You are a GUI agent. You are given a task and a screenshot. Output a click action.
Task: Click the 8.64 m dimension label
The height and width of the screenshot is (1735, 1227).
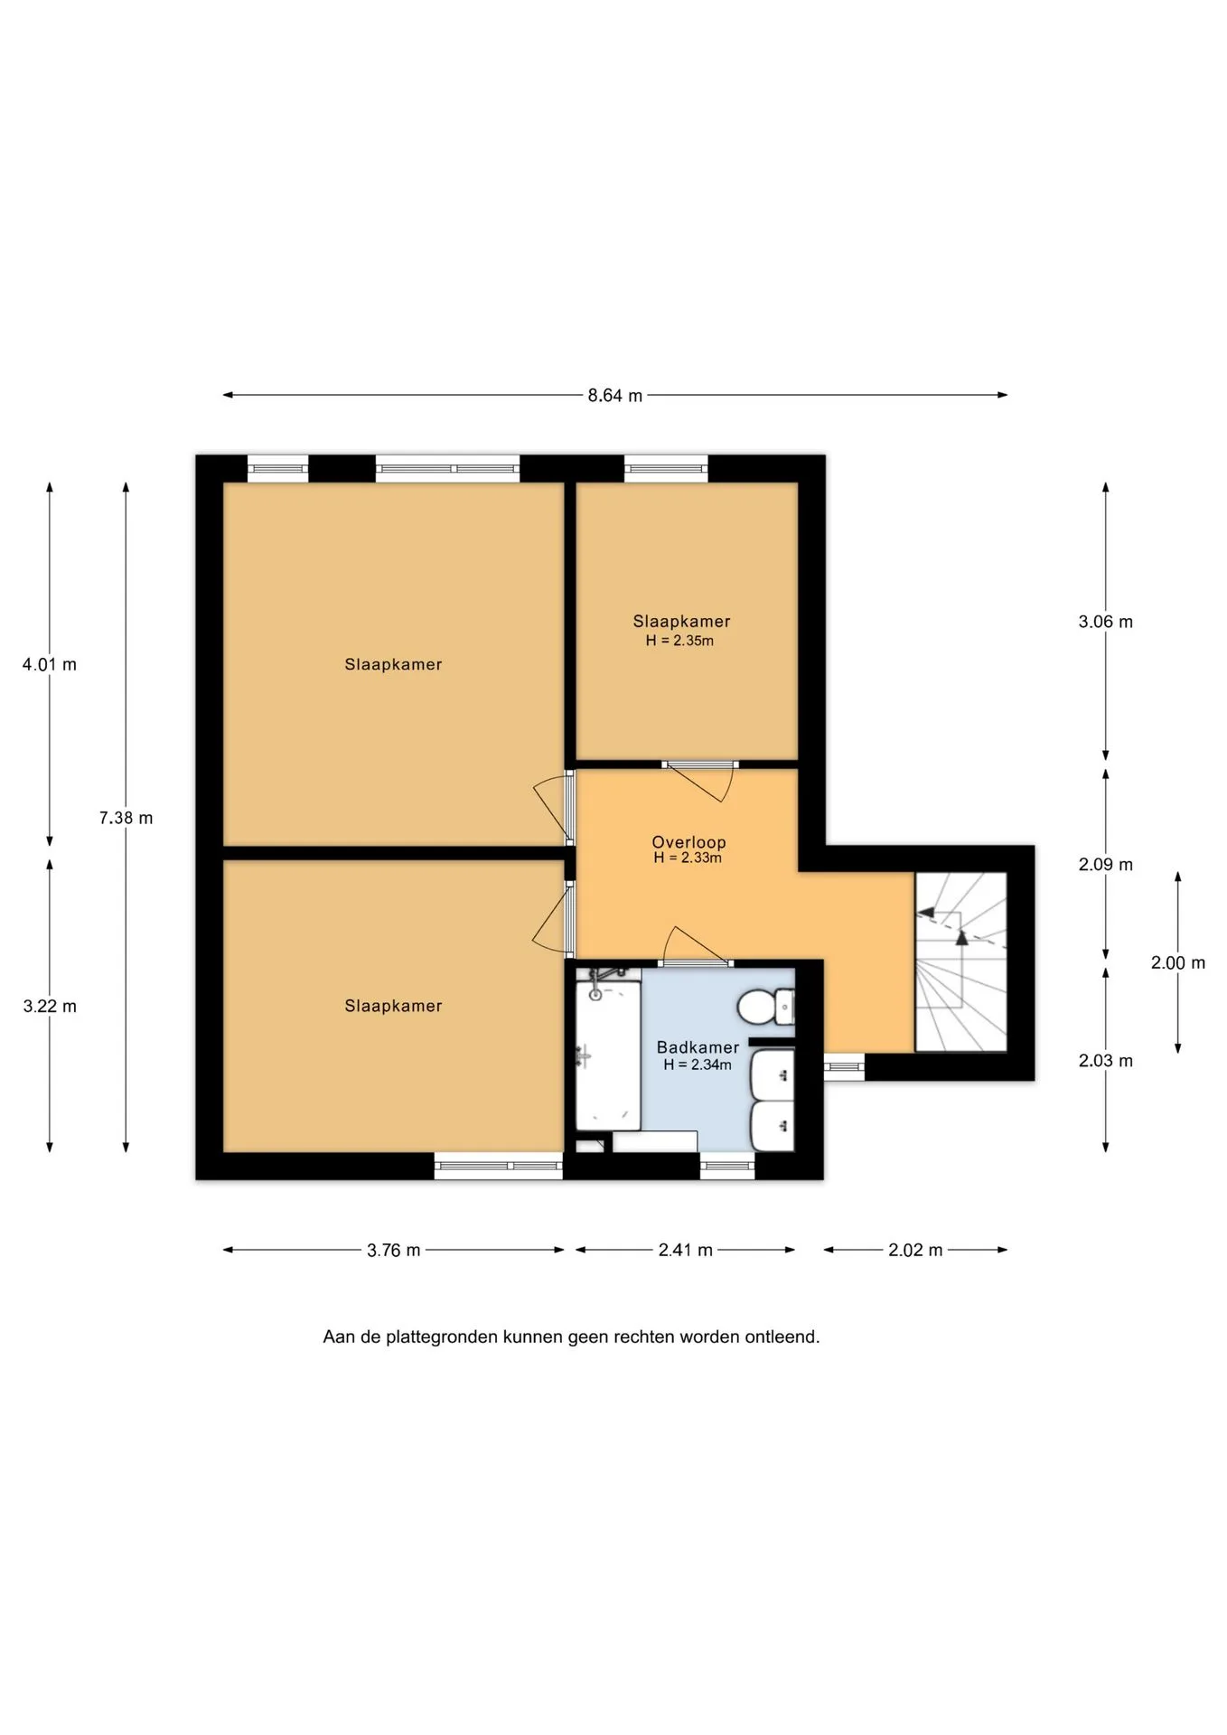coord(614,396)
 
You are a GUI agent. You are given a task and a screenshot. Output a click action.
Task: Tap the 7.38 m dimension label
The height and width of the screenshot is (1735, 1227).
coord(126,818)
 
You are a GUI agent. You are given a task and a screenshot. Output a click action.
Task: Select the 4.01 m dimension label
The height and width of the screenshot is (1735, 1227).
coord(50,664)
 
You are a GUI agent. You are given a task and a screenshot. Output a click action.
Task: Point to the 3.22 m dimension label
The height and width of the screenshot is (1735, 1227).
coord(50,1006)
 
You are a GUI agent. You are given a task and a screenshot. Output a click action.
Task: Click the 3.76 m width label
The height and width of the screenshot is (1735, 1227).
coord(393,1251)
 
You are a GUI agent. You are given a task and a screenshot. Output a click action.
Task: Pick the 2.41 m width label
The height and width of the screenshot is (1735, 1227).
coord(685,1251)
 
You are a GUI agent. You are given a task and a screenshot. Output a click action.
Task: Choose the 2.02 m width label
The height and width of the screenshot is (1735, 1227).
coord(915,1251)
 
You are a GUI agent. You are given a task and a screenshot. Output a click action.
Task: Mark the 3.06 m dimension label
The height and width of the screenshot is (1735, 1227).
coord(1105,622)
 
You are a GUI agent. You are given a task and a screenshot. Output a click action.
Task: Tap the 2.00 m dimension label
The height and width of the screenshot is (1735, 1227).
coord(1177,963)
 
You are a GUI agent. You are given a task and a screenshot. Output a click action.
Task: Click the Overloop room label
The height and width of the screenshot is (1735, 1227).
coord(688,842)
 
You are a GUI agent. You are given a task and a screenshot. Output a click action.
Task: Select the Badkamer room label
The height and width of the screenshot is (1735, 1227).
coord(698,1047)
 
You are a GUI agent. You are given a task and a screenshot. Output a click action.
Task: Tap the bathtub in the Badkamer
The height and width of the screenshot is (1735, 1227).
coord(608,1053)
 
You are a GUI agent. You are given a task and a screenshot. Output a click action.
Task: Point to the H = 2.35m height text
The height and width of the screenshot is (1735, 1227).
coord(679,641)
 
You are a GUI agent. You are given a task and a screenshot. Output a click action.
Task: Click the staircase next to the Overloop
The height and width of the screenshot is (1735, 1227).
coord(960,961)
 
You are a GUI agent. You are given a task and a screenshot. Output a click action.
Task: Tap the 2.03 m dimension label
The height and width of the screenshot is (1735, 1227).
coord(1105,1061)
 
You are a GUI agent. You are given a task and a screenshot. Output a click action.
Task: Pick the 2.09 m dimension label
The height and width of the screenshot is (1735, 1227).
coord(1105,865)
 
